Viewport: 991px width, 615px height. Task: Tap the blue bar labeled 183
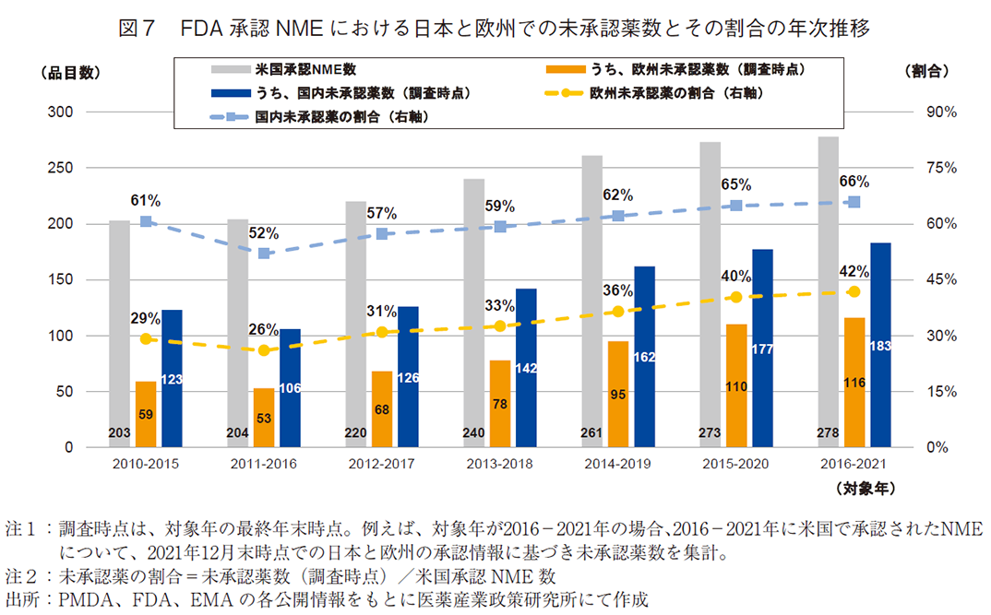tap(880, 345)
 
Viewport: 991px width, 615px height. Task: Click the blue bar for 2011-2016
tap(290, 387)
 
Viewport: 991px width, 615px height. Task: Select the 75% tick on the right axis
tap(933, 168)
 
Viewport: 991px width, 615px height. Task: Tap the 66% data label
tap(854, 182)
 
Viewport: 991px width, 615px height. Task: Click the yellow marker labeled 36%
tap(618, 312)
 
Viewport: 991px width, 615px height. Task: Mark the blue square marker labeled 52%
tap(264, 253)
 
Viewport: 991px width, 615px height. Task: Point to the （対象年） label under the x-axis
tap(865, 485)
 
